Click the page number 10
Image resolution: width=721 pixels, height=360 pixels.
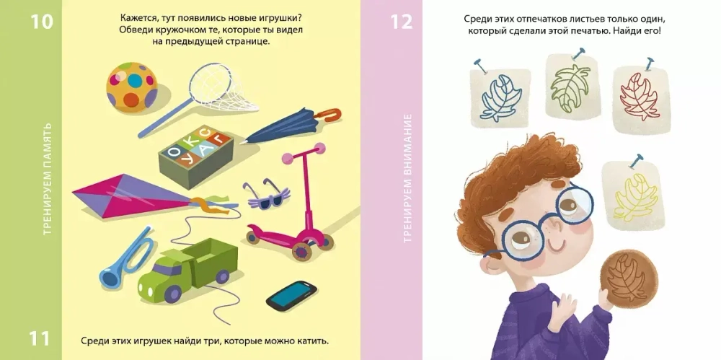(42, 22)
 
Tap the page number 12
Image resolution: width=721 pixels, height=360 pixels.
(402, 22)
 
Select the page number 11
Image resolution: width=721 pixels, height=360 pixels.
(40, 338)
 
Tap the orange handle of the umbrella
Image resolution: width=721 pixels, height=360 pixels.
(329, 115)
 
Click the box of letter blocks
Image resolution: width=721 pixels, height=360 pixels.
(196, 156)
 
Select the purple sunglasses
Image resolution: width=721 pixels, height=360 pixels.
(267, 196)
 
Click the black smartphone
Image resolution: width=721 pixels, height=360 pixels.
(291, 295)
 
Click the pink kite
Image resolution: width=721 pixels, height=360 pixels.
(138, 196)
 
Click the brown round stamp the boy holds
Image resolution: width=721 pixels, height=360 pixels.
(628, 278)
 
